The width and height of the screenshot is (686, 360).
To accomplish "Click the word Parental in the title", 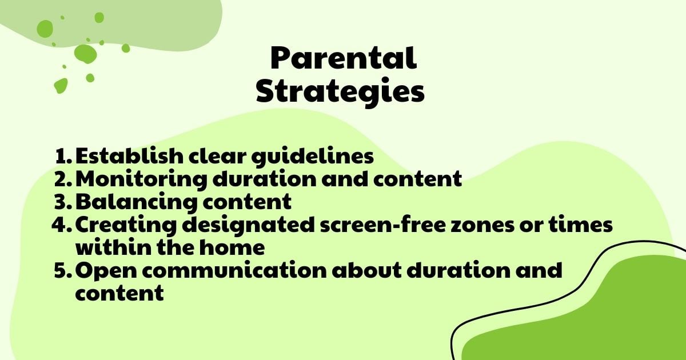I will click(x=343, y=59).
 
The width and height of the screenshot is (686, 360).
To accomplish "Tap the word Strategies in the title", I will click(x=340, y=91).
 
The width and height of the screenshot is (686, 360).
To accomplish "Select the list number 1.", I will click(x=63, y=156).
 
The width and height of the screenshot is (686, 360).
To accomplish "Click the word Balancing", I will click(x=125, y=202).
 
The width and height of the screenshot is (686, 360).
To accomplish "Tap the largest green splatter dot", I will click(x=85, y=53).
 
